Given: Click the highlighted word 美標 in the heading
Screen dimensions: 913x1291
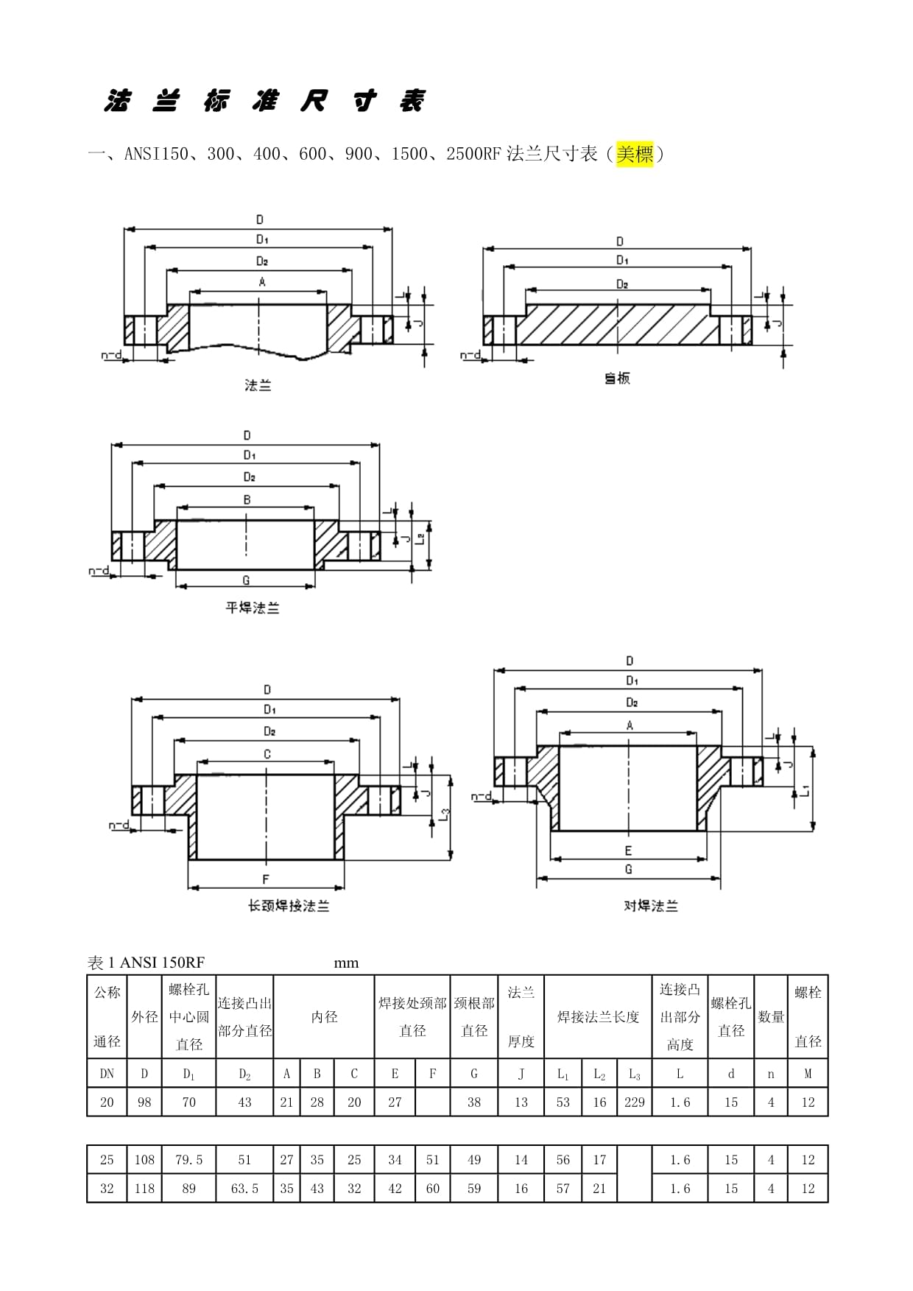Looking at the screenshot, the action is click(635, 155).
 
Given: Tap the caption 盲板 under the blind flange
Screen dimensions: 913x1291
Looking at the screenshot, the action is click(617, 379).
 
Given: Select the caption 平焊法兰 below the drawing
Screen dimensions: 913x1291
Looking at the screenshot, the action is click(253, 608).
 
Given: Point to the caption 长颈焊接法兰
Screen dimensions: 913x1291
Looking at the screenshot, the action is click(288, 906).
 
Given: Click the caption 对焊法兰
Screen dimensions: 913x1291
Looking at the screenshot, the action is click(650, 906).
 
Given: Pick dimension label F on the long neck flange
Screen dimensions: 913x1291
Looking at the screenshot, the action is click(266, 879).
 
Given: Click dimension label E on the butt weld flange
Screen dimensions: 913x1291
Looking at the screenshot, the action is click(628, 851).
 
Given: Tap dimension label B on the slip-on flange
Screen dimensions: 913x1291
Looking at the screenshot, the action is click(247, 499).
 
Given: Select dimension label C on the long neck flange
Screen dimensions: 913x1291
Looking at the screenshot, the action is click(267, 753).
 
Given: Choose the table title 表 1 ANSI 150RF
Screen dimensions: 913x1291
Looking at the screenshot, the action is click(146, 963).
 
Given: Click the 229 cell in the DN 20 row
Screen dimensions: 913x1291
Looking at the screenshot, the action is click(634, 1102).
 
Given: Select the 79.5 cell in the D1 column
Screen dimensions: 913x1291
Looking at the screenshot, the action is click(188, 1160).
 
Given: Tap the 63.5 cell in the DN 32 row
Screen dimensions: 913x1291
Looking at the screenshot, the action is click(244, 1189).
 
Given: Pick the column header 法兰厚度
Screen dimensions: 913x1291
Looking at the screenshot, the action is click(521, 1017).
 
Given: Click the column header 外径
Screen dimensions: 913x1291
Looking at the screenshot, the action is click(144, 1017).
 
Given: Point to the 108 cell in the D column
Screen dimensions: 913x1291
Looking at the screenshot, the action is click(144, 1160).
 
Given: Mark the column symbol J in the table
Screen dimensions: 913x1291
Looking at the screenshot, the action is click(521, 1074).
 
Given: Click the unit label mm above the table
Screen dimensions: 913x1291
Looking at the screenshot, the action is click(346, 963).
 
